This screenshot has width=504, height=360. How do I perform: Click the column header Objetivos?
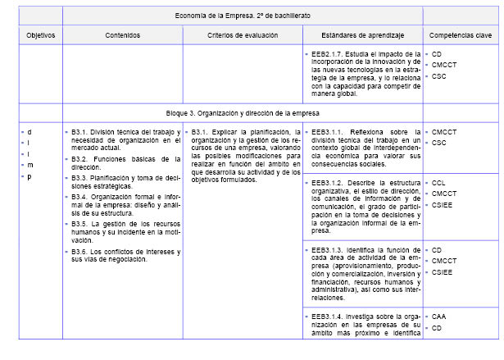pos(39,36)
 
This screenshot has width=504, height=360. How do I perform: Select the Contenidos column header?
pos(123,36)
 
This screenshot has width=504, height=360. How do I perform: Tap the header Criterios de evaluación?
pos(243,36)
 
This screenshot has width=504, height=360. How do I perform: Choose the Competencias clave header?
pos(461,36)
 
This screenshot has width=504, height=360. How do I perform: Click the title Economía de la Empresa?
pos(243,15)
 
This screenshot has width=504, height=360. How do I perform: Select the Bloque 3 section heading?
pos(243,113)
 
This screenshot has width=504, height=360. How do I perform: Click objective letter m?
pos(30,165)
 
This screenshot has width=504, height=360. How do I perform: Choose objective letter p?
pos(30,176)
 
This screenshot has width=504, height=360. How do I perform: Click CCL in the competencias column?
pos(438,182)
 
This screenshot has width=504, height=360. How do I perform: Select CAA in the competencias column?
pos(439,316)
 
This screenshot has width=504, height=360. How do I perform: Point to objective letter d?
pos(30,131)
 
